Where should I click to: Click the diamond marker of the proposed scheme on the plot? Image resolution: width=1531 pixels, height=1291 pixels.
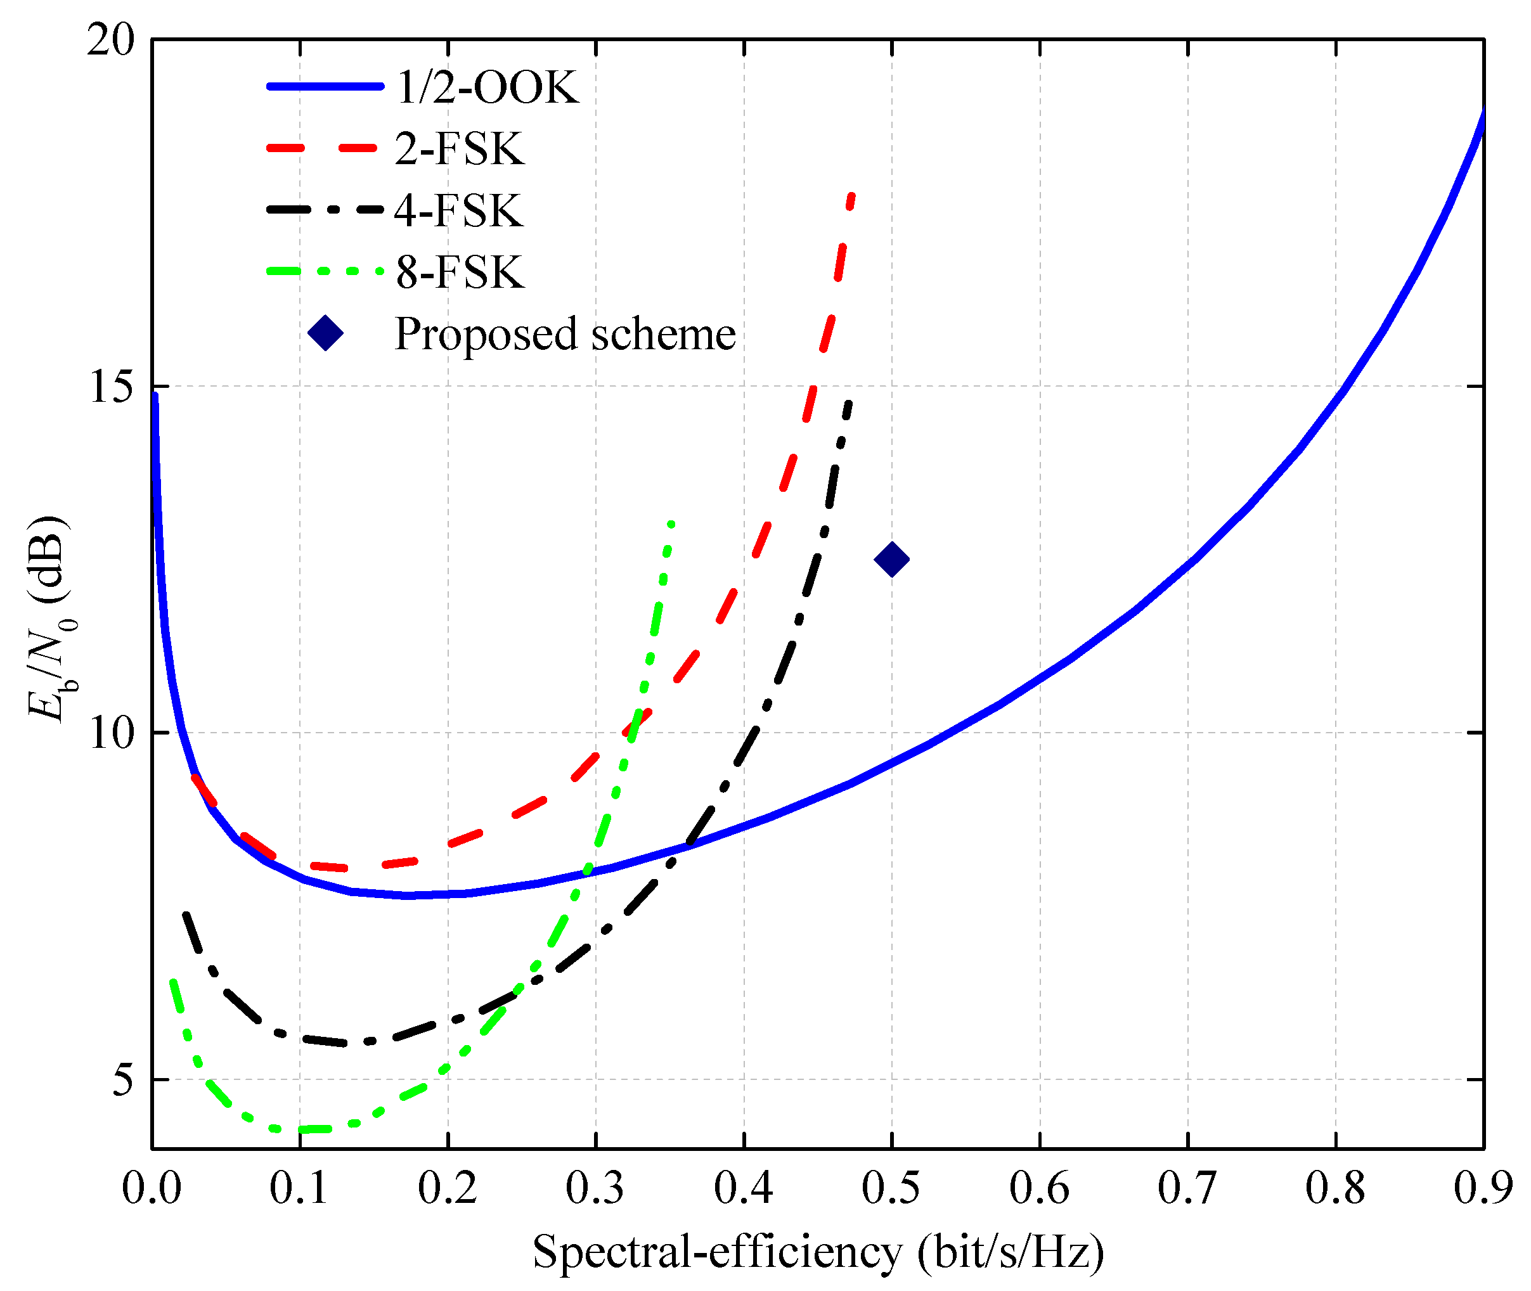[891, 560]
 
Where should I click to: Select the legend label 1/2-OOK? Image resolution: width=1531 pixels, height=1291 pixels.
[487, 88]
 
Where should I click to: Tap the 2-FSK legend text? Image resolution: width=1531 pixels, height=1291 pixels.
[459, 150]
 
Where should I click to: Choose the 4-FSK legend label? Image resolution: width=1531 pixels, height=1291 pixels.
[458, 211]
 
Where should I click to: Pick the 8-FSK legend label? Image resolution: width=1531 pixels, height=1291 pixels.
[459, 273]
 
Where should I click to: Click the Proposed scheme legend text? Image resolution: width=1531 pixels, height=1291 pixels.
[564, 334]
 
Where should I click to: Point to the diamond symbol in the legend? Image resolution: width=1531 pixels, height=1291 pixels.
[325, 334]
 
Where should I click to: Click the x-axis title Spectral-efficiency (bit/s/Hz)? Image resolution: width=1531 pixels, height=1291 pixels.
[818, 1252]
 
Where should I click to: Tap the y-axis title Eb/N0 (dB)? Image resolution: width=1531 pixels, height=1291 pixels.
[50, 619]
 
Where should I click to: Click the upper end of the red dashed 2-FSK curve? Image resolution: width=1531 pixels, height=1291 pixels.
[851, 195]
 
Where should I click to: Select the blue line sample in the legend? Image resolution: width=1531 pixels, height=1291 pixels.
[325, 87]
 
